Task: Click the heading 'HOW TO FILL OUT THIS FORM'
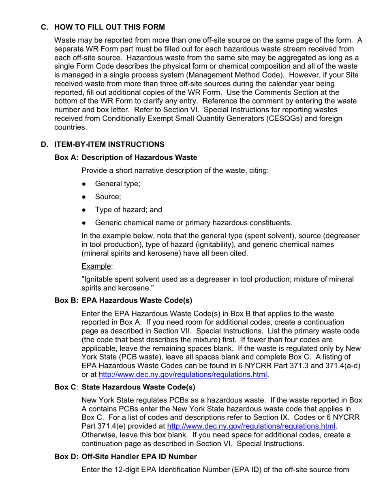109,27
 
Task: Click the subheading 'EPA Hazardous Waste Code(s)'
137,301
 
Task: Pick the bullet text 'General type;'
118,184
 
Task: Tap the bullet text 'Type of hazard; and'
128,210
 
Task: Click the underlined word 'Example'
96,266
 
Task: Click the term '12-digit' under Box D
128,470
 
